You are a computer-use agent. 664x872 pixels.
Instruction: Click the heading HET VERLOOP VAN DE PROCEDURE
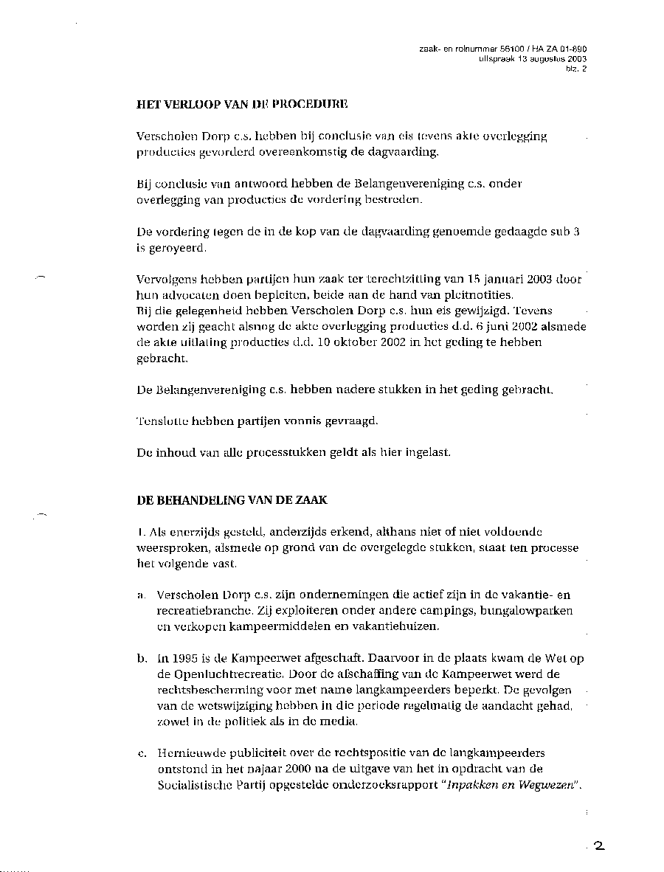coord(242,105)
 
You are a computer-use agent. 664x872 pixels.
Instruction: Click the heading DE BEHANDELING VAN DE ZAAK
coord(232,500)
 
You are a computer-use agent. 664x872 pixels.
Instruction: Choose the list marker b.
coord(140,658)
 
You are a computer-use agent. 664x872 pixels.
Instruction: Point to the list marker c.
coord(140,753)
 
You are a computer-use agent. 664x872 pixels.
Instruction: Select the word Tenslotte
coord(163,421)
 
